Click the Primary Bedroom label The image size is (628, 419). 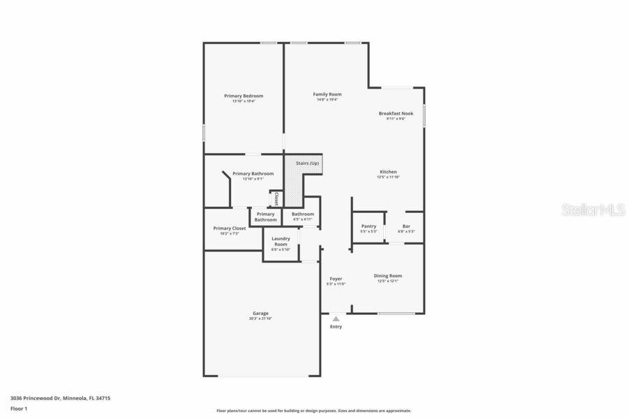(x=244, y=96)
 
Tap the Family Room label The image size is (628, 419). (x=327, y=94)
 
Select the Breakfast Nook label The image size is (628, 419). (x=396, y=113)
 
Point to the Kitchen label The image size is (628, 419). (x=388, y=172)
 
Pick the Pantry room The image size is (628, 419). (x=368, y=228)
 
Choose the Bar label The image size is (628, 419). (x=406, y=226)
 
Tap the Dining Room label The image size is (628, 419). (x=388, y=276)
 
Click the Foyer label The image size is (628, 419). (x=336, y=279)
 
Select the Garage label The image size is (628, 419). (x=260, y=313)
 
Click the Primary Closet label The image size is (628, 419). (x=230, y=228)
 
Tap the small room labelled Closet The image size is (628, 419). (x=276, y=198)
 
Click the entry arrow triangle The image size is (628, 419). (x=336, y=318)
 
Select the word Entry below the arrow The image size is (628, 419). (x=336, y=327)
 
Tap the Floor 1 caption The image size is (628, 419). (x=19, y=409)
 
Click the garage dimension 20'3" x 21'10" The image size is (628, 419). (x=260, y=318)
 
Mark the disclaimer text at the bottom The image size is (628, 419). (x=313, y=411)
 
